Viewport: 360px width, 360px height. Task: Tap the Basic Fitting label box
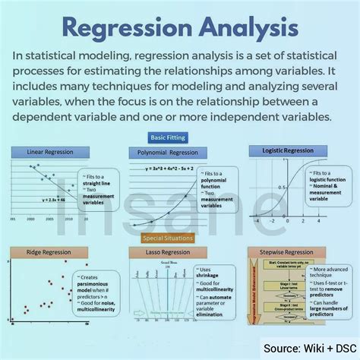click(x=179, y=137)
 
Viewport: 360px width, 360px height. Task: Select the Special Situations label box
click(x=179, y=238)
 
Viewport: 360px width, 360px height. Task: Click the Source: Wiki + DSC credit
click(x=311, y=349)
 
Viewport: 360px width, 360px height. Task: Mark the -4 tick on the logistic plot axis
click(x=255, y=220)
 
